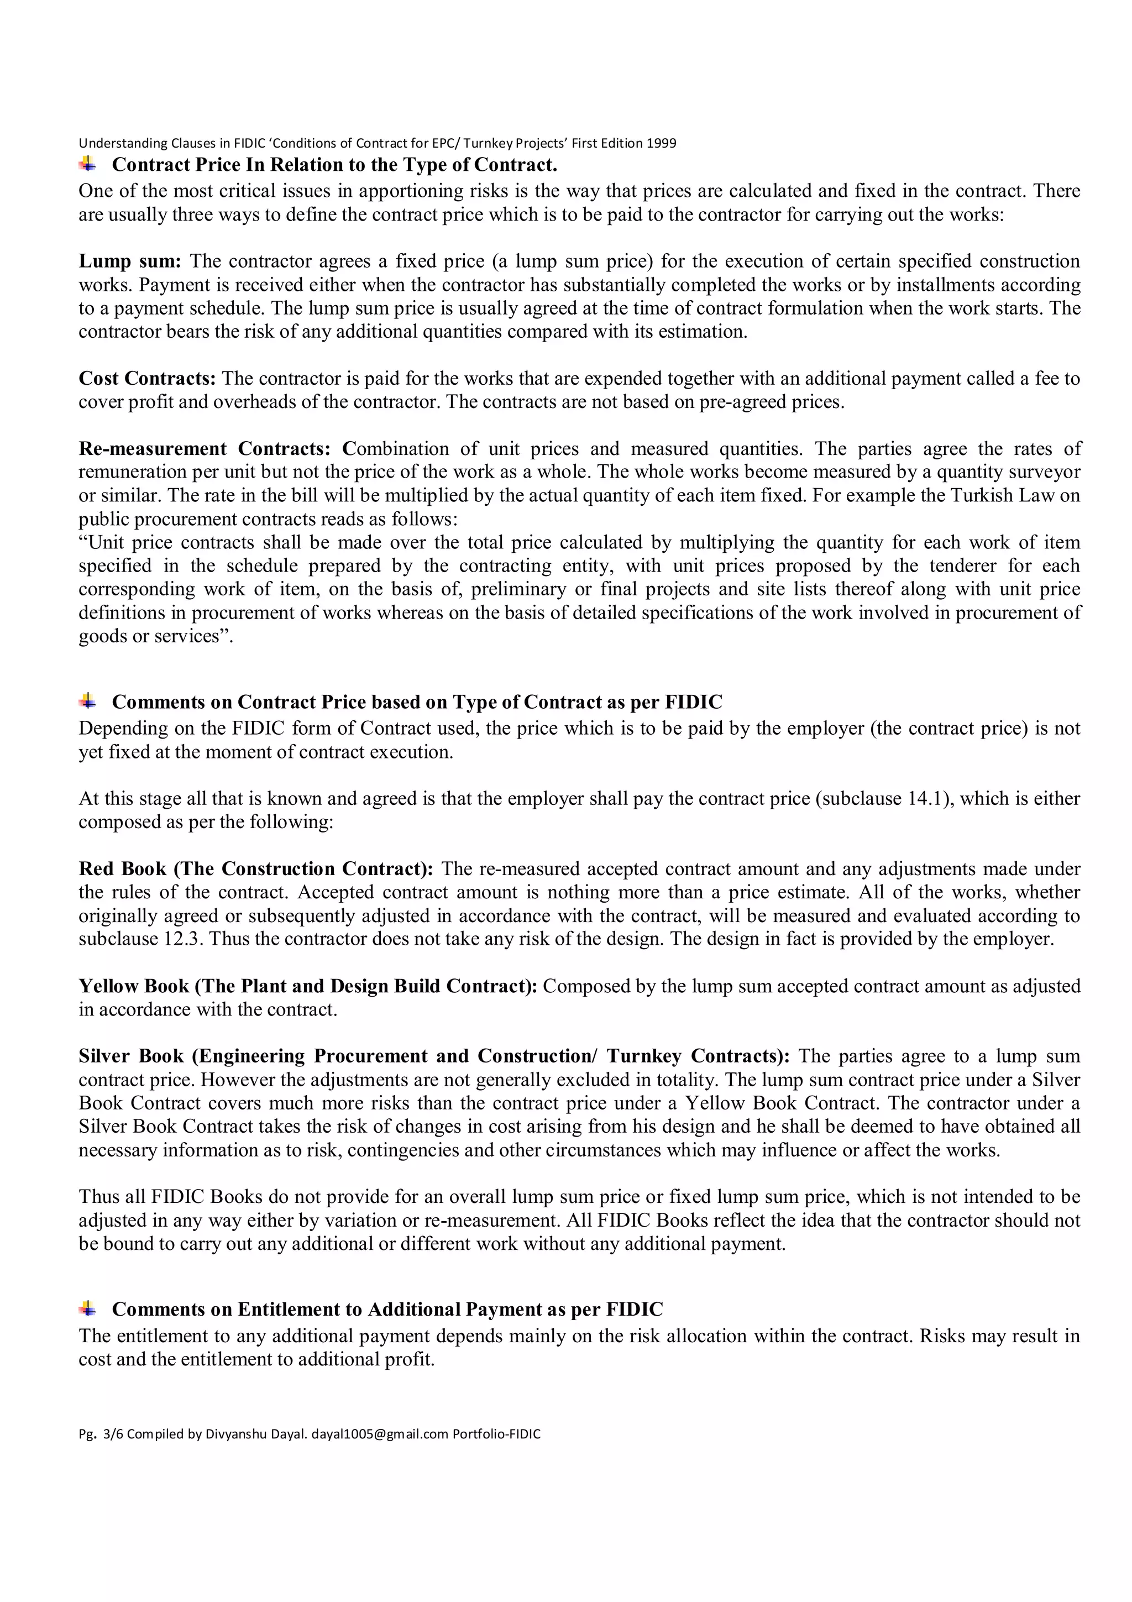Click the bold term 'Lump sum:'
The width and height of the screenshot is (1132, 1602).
pyautogui.click(x=130, y=261)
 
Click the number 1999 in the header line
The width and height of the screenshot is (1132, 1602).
pyautogui.click(x=661, y=144)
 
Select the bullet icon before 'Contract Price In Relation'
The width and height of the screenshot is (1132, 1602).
pyautogui.click(x=88, y=165)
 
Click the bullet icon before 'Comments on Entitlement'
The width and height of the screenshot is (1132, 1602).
pyautogui.click(x=88, y=1308)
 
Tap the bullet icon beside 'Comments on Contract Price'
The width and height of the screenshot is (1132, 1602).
pyautogui.click(x=88, y=701)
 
